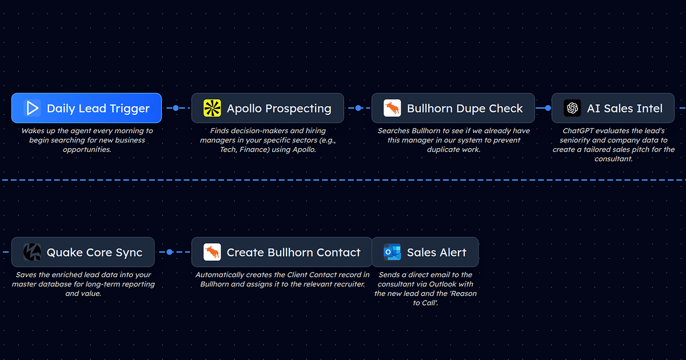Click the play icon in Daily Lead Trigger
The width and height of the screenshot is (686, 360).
click(32, 108)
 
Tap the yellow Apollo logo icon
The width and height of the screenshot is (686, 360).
click(212, 108)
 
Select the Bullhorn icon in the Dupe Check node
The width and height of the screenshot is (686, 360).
click(392, 108)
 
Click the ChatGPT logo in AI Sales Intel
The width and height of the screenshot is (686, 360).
click(572, 108)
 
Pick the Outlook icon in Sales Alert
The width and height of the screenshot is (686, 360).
click(392, 252)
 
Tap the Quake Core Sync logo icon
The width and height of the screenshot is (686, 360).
click(32, 252)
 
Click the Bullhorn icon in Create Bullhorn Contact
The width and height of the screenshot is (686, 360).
click(212, 252)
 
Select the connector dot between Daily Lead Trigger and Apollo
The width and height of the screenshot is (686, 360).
click(176, 108)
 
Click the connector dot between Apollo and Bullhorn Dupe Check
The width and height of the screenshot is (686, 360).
click(358, 108)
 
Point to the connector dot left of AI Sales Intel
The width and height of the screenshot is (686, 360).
click(548, 108)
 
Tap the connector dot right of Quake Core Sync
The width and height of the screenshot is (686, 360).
click(170, 252)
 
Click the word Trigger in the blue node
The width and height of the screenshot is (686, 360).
click(130, 109)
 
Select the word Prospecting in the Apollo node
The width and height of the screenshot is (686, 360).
click(298, 109)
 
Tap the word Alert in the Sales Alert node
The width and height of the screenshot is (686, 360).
click(452, 253)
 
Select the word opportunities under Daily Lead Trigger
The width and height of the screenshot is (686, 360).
click(87, 150)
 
